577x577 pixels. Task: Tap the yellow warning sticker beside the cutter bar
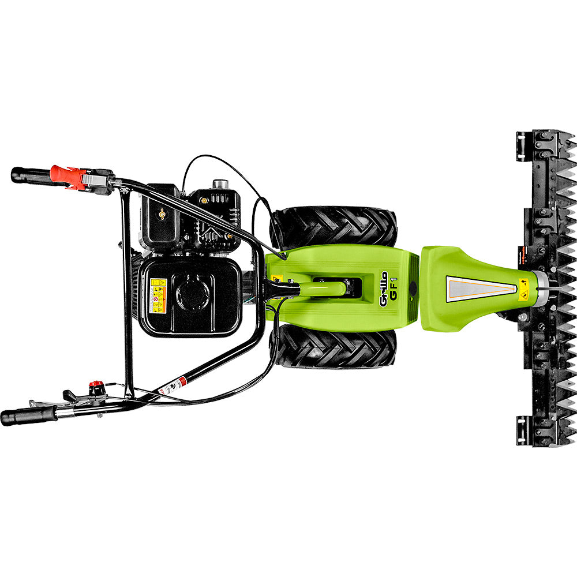pos(523,290)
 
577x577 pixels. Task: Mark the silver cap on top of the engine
pos(220,184)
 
